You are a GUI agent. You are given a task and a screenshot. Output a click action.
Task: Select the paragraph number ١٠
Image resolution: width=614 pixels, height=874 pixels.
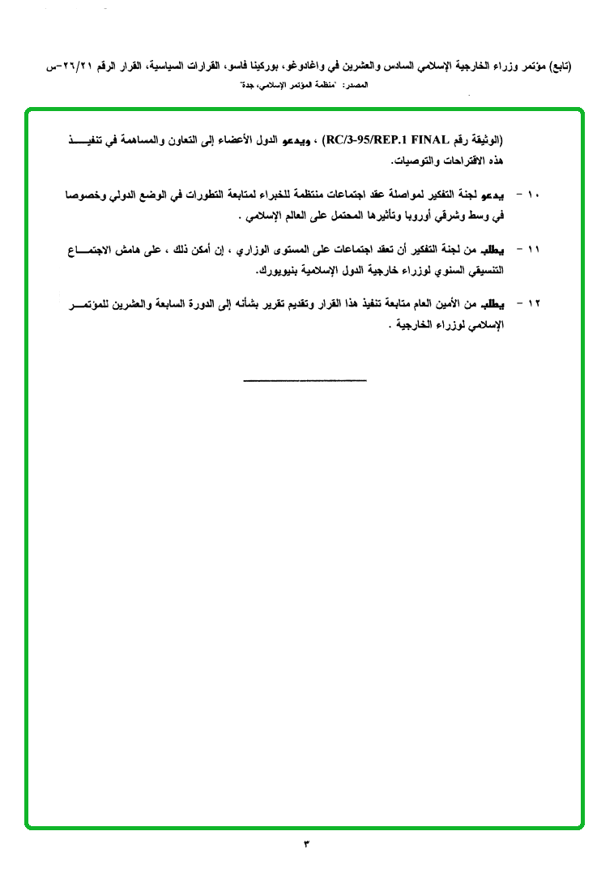[533, 196]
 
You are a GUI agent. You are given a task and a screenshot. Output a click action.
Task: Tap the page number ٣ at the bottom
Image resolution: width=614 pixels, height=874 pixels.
[306, 843]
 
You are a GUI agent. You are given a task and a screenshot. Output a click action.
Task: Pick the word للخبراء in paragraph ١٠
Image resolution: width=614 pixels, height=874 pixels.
[306, 196]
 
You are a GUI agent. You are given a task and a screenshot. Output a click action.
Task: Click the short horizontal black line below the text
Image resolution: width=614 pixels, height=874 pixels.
[305, 380]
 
